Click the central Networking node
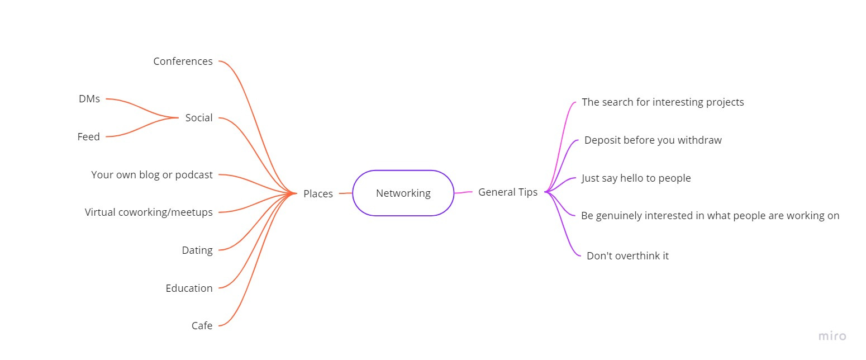point(403,193)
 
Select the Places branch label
point(318,194)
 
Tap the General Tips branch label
point(507,192)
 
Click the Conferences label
point(183,61)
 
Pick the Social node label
point(199,118)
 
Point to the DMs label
point(89,99)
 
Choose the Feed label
point(88,137)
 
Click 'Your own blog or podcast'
point(151,175)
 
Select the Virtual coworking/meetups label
point(149,212)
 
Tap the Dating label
point(197,250)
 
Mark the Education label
point(189,288)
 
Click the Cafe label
point(202,326)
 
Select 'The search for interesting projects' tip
point(663,102)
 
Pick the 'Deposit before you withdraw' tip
point(653,140)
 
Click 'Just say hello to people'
point(636,178)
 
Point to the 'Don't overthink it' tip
point(627,256)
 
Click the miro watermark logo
point(832,337)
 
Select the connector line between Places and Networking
point(345,193)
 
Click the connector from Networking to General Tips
point(463,192)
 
